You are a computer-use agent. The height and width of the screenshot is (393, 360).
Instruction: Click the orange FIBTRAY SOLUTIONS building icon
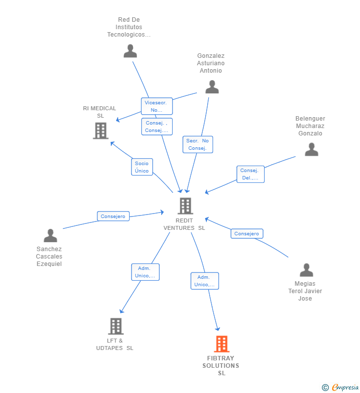pyautogui.click(x=222, y=344)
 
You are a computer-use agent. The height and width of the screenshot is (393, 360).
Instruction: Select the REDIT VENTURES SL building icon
pyautogui.click(x=185, y=206)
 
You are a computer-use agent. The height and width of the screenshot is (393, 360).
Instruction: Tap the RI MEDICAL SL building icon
pyautogui.click(x=100, y=131)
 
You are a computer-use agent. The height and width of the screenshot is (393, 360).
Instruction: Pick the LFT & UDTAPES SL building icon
pyautogui.click(x=115, y=326)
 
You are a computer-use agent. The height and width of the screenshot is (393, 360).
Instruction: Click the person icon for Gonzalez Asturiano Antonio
pyautogui.click(x=212, y=87)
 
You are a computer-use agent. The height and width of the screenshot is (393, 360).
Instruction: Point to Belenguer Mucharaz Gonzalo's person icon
pyautogui.click(x=312, y=149)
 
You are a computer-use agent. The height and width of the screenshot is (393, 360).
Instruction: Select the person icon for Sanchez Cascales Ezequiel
pyautogui.click(x=50, y=236)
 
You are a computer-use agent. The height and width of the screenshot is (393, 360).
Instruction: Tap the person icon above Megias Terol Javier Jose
pyautogui.click(x=306, y=270)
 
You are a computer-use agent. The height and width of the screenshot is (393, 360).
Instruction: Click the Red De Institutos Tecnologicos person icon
pyautogui.click(x=130, y=51)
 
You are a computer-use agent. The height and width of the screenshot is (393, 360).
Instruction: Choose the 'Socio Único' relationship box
pyautogui.click(x=142, y=167)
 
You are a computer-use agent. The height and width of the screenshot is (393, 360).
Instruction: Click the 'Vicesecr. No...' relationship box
pyautogui.click(x=157, y=106)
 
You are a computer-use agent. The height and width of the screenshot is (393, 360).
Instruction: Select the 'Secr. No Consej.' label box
pyautogui.click(x=197, y=144)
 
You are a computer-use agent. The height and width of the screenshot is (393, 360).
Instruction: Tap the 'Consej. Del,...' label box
pyautogui.click(x=250, y=174)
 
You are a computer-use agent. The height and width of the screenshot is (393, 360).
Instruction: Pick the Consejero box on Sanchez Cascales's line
pyautogui.click(x=113, y=216)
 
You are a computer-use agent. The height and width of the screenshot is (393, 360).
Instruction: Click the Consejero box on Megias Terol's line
pyautogui.click(x=247, y=233)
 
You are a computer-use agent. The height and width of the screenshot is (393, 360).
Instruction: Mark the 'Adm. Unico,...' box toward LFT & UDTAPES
pyautogui.click(x=145, y=272)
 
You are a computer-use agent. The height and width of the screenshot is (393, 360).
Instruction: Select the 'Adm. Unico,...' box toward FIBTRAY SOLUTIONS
pyautogui.click(x=205, y=281)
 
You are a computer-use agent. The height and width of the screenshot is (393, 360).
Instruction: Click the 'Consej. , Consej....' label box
pyautogui.click(x=157, y=127)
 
